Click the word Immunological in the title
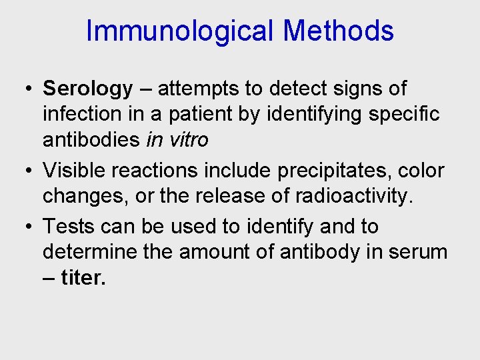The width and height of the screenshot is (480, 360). tap(180, 31)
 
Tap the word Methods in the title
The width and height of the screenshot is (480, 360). tap(338, 31)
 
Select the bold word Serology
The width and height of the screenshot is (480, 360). tap(88, 89)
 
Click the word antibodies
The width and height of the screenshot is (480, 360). tap(91, 140)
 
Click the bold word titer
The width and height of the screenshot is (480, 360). tap(83, 278)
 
